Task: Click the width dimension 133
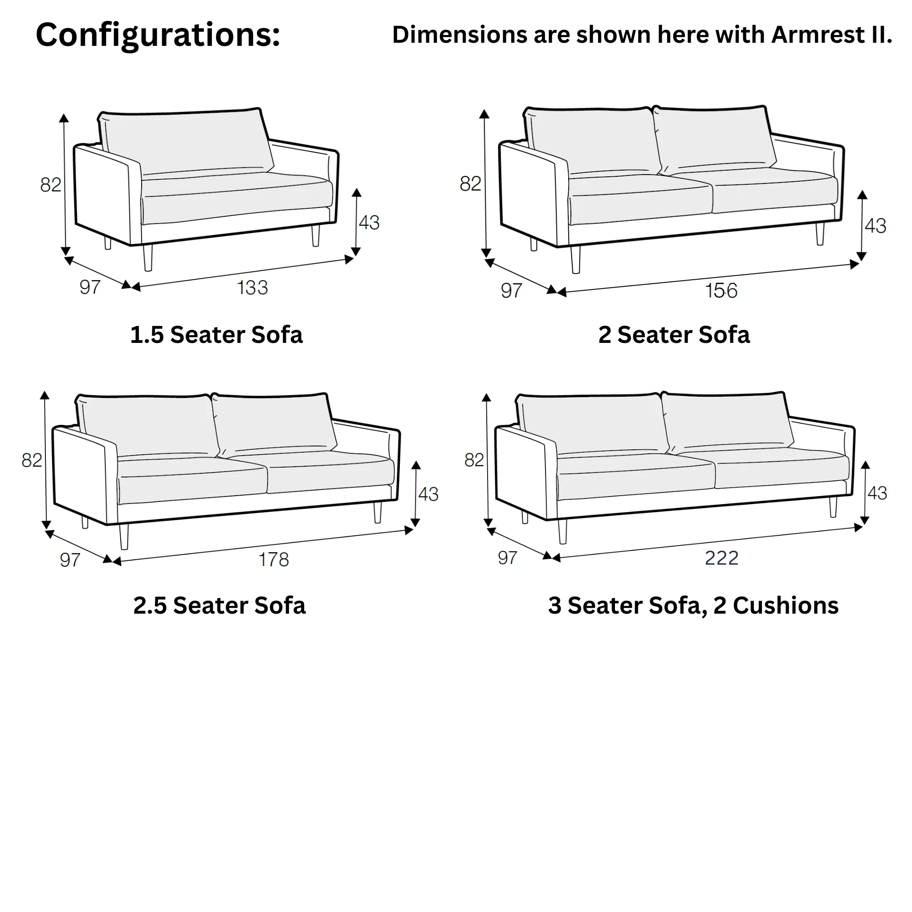(252, 288)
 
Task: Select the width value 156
(721, 290)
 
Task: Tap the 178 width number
(274, 559)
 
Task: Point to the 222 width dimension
(721, 558)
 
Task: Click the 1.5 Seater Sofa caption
(216, 335)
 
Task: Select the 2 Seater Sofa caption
(674, 335)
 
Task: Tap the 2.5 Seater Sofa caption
(220, 606)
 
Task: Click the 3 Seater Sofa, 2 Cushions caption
(693, 606)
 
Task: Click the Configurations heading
(158, 35)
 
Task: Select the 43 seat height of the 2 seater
(875, 226)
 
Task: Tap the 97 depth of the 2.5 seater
(70, 560)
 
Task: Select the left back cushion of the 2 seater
(592, 141)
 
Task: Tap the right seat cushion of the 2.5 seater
(330, 472)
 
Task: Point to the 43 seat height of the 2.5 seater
(428, 494)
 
